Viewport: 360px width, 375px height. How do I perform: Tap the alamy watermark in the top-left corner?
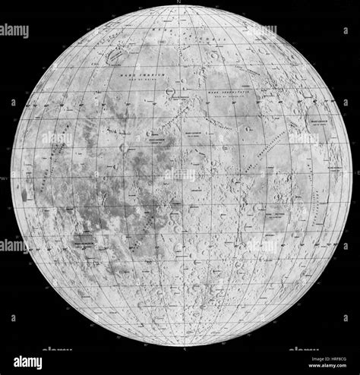(x=14, y=31)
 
